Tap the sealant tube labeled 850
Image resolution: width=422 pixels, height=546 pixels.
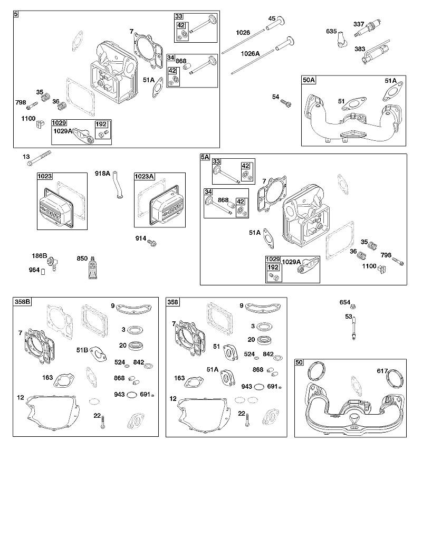click(x=93, y=268)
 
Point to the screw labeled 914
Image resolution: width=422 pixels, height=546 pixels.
click(x=152, y=242)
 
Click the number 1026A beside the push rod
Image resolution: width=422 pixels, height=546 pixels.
click(x=250, y=53)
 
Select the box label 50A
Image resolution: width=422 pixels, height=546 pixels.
click(x=309, y=80)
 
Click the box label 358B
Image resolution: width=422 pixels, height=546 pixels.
click(x=22, y=302)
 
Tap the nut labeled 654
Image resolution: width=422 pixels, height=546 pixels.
click(x=352, y=306)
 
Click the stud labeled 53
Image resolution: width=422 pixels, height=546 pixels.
click(x=354, y=327)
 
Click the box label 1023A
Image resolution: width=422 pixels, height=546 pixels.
click(x=144, y=177)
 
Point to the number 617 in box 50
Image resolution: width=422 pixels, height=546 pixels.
click(x=382, y=371)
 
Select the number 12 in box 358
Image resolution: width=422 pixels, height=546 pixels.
click(x=173, y=399)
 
